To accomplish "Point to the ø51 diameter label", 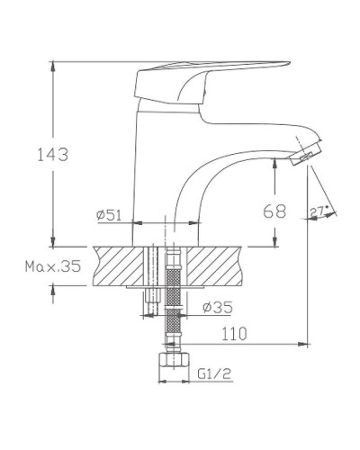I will point(110,215).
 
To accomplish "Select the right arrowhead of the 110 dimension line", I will point(306,344).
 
